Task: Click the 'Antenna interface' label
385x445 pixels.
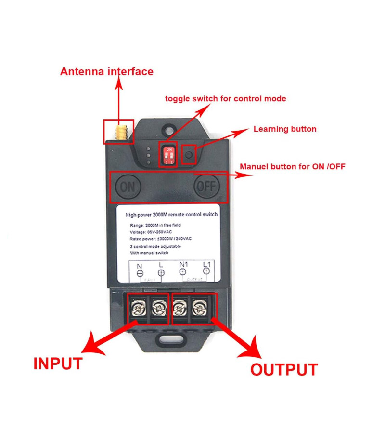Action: coord(106,72)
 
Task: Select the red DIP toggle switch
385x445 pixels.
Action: coord(168,154)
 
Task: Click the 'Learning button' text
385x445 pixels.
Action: coord(285,129)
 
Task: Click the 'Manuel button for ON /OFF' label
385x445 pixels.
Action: coord(293,167)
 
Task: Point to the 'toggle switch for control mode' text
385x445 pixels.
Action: coord(226,99)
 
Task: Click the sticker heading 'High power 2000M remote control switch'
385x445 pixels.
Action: coord(171,215)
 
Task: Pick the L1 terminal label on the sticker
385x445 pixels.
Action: coord(206,265)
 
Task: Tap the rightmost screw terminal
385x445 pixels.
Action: coord(198,307)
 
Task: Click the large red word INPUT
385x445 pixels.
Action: coord(58,364)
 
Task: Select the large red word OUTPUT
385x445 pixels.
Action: coord(283,369)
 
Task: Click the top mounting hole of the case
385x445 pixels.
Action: coord(168,130)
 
